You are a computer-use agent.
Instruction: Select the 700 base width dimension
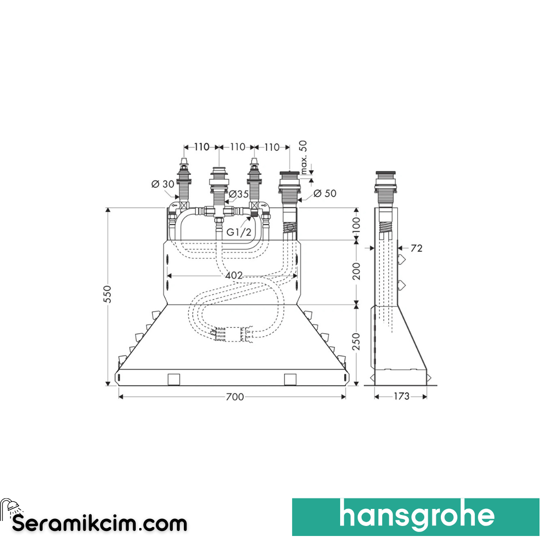[234, 397]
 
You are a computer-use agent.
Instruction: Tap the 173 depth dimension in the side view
[401, 396]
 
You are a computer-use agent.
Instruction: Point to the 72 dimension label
[416, 248]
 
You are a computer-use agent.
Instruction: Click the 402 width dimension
[234, 275]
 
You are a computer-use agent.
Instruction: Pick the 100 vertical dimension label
[357, 224]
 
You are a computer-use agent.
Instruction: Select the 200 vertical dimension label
[357, 271]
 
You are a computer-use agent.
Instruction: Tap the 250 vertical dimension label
[357, 342]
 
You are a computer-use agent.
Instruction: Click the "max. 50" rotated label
[303, 157]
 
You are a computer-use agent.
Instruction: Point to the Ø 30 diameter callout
[162, 184]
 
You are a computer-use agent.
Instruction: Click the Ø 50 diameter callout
[325, 193]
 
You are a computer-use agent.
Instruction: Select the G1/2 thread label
[238, 232]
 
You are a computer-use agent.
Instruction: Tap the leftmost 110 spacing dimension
[201, 147]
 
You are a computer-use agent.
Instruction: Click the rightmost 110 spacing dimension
[272, 147]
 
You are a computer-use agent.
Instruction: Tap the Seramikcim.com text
[99, 523]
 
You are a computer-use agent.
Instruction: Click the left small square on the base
[173, 379]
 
